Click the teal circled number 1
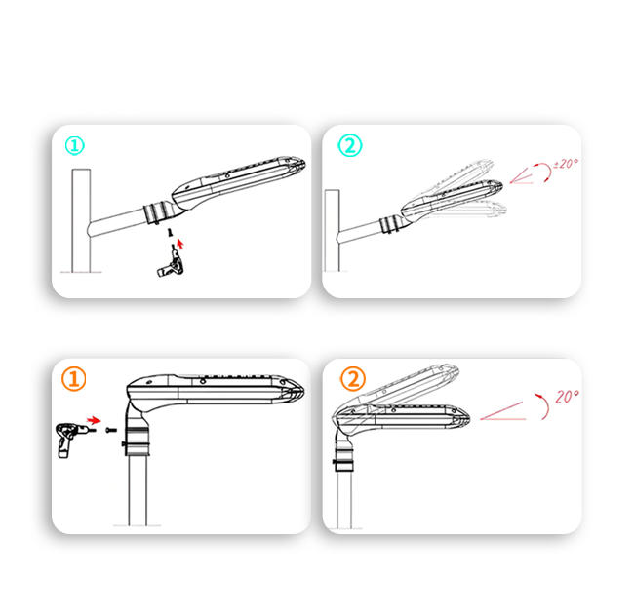[75, 146]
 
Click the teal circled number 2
[350, 145]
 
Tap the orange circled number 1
[74, 379]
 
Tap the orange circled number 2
[353, 379]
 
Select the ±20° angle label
[566, 164]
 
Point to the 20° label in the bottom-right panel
[567, 397]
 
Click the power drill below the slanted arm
[171, 263]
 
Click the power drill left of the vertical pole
[71, 440]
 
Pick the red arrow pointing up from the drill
[180, 244]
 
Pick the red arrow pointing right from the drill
[94, 420]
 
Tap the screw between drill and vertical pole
[110, 430]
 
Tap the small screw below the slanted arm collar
[171, 232]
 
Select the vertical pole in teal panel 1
[81, 220]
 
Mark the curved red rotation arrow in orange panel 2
[544, 405]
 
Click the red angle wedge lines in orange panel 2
[503, 412]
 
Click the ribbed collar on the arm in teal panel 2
[390, 224]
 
